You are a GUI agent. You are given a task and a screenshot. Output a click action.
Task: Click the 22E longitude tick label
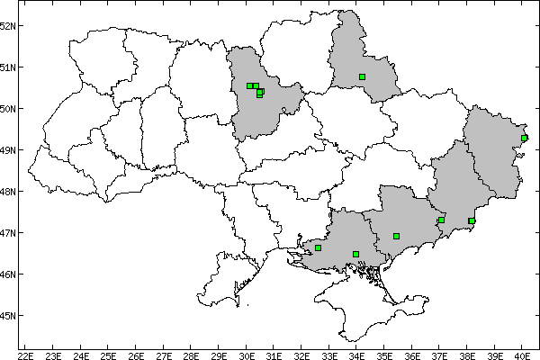pos(25,355)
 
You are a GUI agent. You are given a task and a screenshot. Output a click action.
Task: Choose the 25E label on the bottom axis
pos(108,355)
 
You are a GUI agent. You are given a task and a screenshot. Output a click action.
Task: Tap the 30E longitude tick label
pos(247,355)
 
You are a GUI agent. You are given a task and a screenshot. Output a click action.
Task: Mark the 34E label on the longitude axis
pos(357,355)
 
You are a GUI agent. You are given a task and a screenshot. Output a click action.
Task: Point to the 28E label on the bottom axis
pos(191,355)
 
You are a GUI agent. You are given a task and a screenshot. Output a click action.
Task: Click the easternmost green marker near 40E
pos(525,138)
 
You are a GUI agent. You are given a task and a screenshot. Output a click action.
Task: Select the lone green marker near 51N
pos(362,76)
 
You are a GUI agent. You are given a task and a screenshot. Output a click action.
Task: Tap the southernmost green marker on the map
pos(356,254)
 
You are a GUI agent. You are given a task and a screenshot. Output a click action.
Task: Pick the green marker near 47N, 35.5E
pos(396,236)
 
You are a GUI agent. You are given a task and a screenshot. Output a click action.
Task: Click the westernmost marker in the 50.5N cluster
pos(249,85)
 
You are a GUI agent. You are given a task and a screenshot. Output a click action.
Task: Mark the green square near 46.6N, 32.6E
pos(318,247)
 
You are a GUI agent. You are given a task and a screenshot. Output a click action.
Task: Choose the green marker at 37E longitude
pos(441,220)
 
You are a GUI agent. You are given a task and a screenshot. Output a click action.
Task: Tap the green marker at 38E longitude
pos(472,220)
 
